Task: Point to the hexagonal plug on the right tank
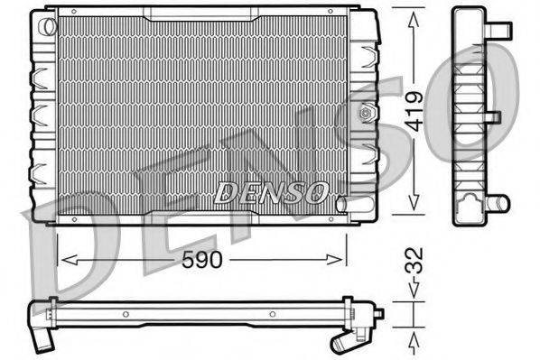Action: [366, 113]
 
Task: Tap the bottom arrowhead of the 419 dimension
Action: [414, 209]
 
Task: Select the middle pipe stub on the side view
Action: [494, 117]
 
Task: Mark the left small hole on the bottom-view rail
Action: [126, 315]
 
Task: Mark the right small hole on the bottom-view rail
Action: [274, 315]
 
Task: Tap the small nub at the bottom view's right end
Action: [379, 313]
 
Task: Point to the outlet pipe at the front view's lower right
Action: [341, 204]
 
